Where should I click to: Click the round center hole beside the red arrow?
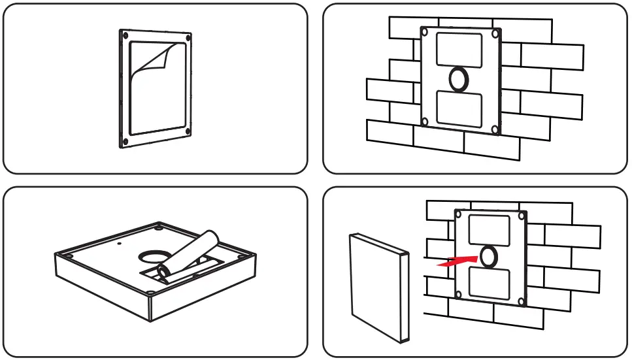coord(488,257)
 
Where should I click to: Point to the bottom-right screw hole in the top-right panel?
coord(495,130)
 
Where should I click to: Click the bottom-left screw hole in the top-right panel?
coord(425,122)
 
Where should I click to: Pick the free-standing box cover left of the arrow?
coord(378,286)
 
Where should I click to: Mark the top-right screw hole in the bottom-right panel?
coord(521,215)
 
